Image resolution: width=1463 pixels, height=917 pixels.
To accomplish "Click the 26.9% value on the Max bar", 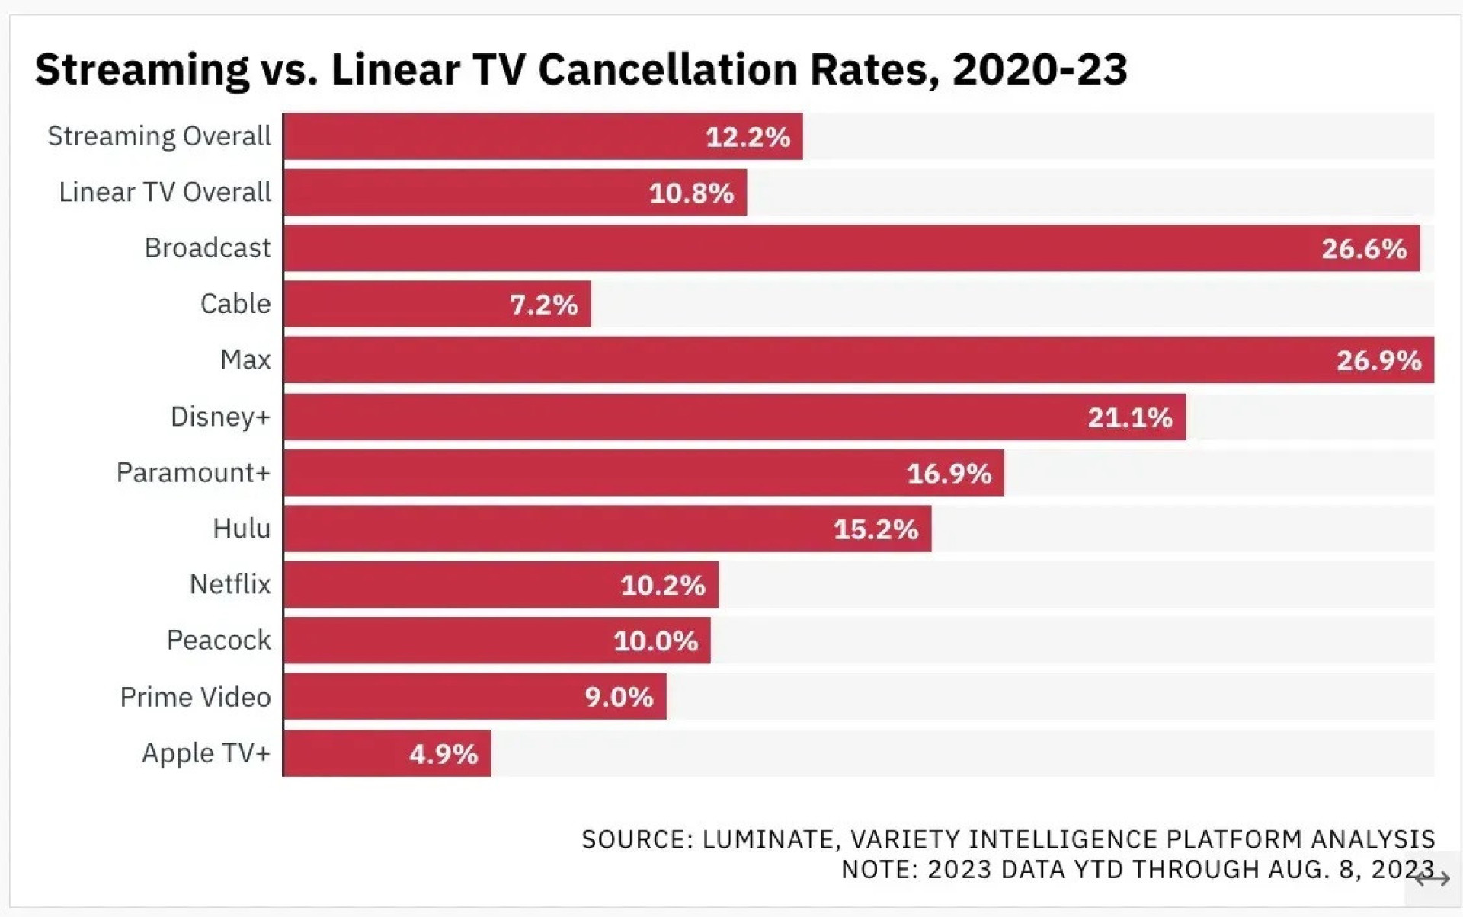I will (x=1378, y=360).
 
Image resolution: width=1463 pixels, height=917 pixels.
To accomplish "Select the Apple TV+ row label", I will (x=206, y=753).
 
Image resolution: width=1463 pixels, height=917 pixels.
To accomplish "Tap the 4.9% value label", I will (x=443, y=754).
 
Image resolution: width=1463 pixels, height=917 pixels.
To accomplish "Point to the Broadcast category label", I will (x=207, y=248).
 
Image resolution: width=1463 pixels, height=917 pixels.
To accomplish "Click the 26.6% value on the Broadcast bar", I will (x=1364, y=249).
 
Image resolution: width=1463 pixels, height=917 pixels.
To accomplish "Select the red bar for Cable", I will (x=396, y=304).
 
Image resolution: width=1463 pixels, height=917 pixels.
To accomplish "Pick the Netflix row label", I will (x=230, y=584).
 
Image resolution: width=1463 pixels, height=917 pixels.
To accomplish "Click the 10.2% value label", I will (x=663, y=585).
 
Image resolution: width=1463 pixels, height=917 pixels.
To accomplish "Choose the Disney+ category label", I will (x=220, y=417).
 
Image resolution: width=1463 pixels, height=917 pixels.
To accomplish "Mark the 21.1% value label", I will (x=1130, y=417).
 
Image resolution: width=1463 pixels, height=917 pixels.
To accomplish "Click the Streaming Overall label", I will (x=158, y=136).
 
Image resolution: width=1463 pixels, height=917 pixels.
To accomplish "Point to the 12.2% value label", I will (x=748, y=137).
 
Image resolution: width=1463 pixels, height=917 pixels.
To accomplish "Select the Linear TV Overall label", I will (x=165, y=192).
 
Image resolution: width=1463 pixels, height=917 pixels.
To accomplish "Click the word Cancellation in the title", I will (x=667, y=69).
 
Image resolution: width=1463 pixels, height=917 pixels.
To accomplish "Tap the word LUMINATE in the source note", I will (x=770, y=839).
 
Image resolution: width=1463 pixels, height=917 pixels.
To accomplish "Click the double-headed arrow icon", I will (x=1432, y=879).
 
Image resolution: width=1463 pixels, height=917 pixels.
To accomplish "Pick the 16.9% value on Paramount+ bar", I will (x=949, y=474).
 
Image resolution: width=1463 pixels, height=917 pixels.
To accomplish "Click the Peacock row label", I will (x=219, y=641).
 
